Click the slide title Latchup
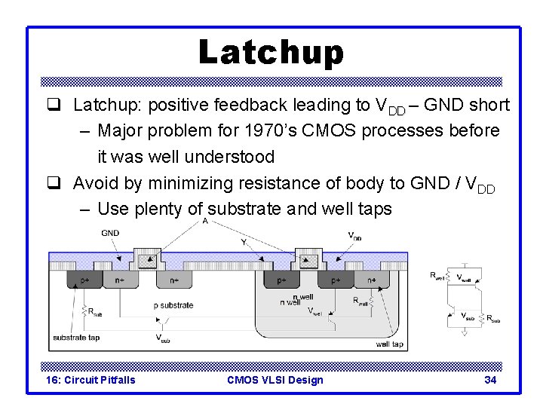click(271, 52)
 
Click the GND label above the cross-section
click(110, 233)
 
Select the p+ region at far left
click(84, 280)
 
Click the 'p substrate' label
click(173, 305)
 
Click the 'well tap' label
click(391, 344)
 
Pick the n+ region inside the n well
click(371, 280)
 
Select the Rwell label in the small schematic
click(437, 276)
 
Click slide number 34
click(490, 380)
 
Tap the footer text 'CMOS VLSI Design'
click(275, 380)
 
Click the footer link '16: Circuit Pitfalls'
click(90, 380)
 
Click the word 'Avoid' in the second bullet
click(94, 183)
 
